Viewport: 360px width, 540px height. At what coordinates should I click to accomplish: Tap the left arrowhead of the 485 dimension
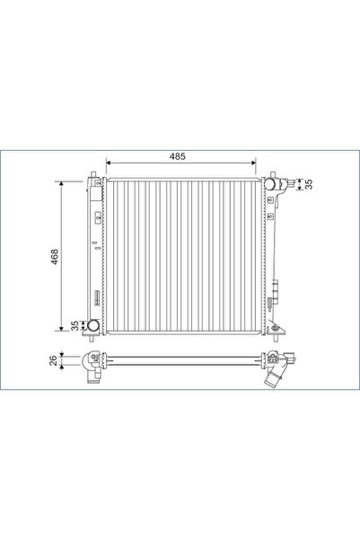(110, 164)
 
